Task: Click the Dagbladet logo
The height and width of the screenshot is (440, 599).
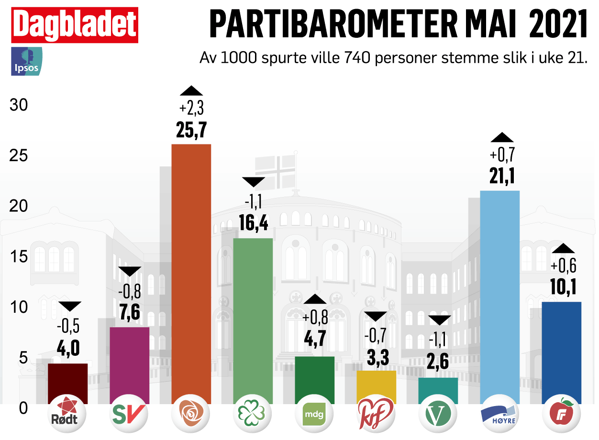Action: click(74, 25)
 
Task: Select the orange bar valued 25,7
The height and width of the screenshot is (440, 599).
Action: click(191, 273)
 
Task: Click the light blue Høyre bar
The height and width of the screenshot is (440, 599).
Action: click(499, 297)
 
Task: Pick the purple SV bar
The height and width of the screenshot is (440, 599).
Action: click(130, 364)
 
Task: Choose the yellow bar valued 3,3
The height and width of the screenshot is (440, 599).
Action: click(377, 386)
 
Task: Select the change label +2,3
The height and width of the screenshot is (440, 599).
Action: click(191, 109)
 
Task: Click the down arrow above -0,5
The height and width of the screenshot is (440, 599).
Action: click(68, 307)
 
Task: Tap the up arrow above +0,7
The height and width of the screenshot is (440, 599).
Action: click(502, 137)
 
